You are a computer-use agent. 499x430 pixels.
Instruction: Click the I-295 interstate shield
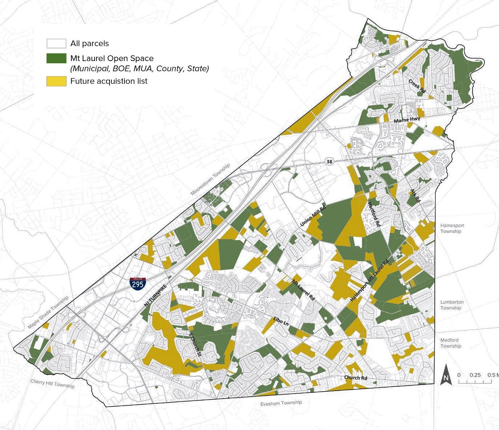pyautogui.click(x=138, y=283)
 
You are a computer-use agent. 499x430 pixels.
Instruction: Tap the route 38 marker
pyautogui.click(x=329, y=162)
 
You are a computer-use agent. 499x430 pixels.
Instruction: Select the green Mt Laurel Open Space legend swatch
pyautogui.click(x=56, y=59)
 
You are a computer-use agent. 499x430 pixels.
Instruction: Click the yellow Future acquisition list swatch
pyautogui.click(x=56, y=81)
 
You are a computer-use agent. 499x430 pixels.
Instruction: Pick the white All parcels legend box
pyautogui.click(x=56, y=44)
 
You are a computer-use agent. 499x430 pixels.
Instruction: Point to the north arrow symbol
pyautogui.click(x=445, y=375)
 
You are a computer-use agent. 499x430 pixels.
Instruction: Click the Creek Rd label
pyautogui.click(x=417, y=86)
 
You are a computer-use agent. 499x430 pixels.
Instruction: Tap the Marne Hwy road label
pyautogui.click(x=407, y=120)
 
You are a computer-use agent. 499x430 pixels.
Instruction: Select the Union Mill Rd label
pyautogui.click(x=313, y=215)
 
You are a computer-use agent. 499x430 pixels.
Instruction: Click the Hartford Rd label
pyautogui.click(x=374, y=214)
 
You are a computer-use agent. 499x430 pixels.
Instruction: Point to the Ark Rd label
pyautogui.click(x=415, y=195)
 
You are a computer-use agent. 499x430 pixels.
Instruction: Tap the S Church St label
pyautogui.click(x=195, y=344)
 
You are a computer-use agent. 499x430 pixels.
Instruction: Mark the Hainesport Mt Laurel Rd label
pyautogui.click(x=369, y=280)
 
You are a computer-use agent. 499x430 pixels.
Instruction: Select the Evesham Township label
pyautogui.click(x=281, y=403)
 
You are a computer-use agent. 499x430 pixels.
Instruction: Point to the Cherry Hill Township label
pyautogui.click(x=52, y=383)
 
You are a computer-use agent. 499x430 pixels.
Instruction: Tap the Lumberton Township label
pyautogui.click(x=452, y=305)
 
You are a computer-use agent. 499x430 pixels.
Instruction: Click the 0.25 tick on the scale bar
pyautogui.click(x=475, y=375)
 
